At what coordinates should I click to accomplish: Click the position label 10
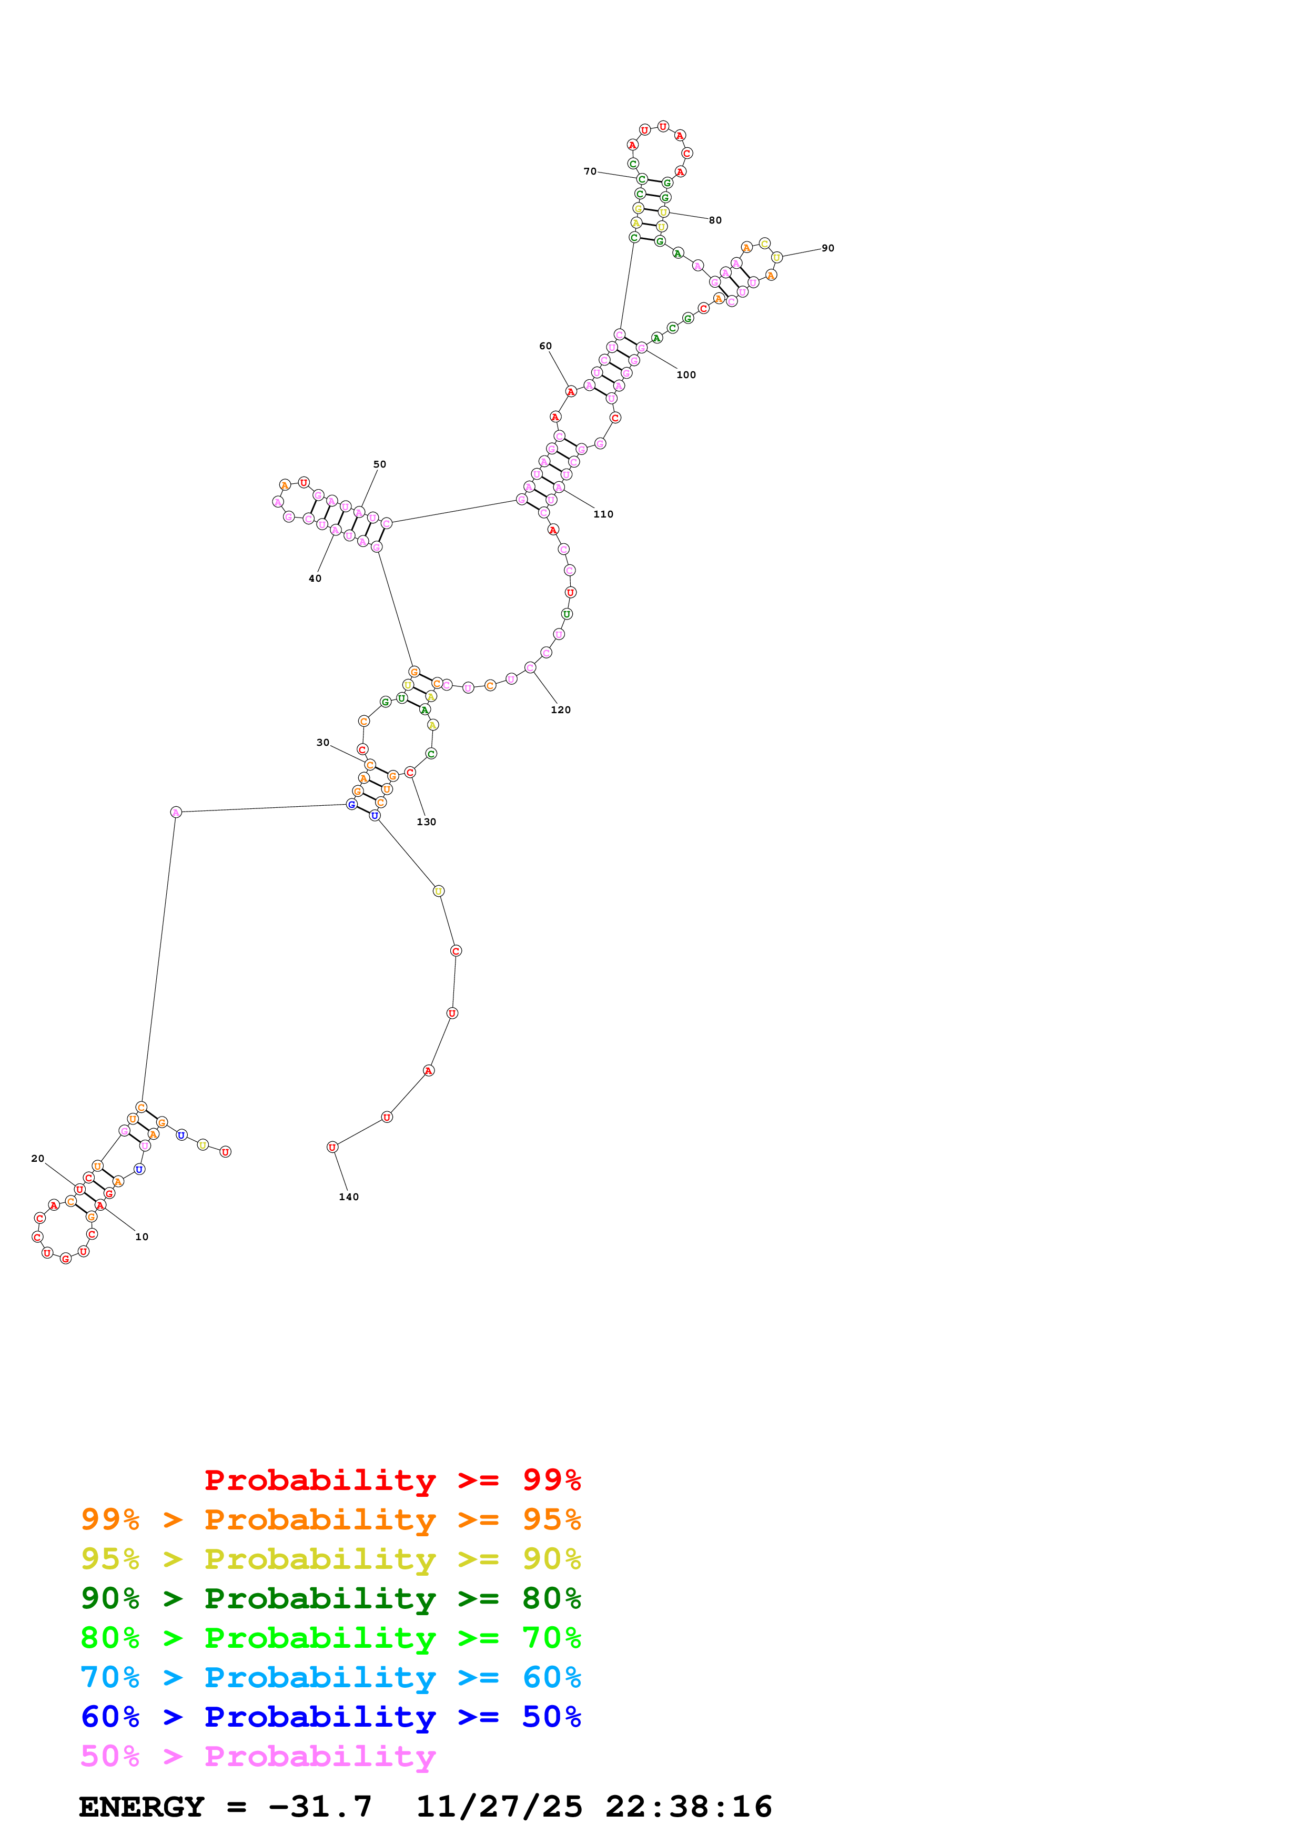(x=141, y=1236)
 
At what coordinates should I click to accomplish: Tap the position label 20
(x=38, y=1158)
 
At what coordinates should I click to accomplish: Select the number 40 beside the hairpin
(x=315, y=578)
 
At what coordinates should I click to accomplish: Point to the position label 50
(x=379, y=464)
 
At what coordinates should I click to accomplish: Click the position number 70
(x=590, y=171)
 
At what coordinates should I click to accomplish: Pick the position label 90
(x=827, y=248)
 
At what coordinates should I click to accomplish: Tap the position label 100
(x=685, y=374)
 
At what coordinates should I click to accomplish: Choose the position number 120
(x=560, y=709)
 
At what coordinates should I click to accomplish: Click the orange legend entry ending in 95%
(x=330, y=1519)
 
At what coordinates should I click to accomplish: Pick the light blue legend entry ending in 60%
(x=330, y=1677)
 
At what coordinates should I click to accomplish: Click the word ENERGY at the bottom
(x=141, y=1807)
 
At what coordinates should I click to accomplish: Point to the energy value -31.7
(x=320, y=1807)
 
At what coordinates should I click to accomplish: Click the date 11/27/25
(x=499, y=1807)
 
